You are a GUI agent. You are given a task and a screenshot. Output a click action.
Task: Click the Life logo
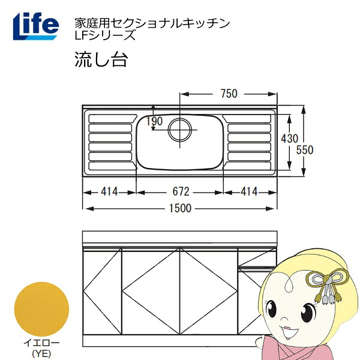tap(36, 26)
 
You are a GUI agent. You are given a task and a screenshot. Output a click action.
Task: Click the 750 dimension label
tap(229, 94)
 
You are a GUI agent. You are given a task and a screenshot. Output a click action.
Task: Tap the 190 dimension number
tap(155, 121)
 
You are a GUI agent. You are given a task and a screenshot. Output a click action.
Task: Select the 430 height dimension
tap(290, 139)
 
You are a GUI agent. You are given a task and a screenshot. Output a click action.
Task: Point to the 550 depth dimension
tap(305, 150)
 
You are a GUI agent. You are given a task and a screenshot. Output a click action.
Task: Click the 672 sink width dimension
tap(181, 191)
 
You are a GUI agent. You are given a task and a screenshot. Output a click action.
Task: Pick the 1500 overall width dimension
tap(180, 208)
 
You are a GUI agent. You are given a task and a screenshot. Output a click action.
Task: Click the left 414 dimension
tap(109, 191)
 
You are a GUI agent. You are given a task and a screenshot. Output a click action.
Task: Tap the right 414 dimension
tap(249, 191)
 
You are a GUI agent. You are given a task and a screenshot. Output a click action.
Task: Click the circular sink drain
tap(180, 130)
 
